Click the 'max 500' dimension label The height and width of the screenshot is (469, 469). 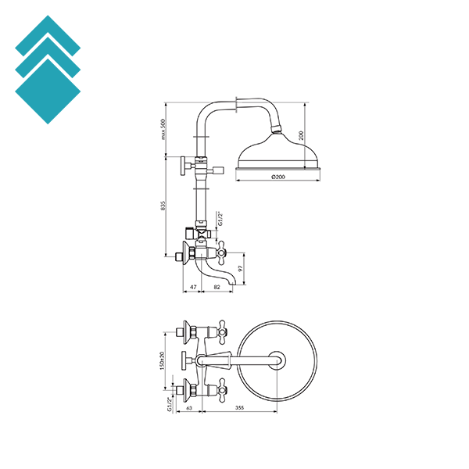[163, 129]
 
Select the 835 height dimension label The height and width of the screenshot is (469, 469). [163, 206]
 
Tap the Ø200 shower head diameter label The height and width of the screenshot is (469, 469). [278, 177]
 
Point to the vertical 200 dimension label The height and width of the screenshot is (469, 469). [301, 135]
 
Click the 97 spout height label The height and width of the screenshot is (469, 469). [241, 268]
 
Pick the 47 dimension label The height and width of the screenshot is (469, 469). [194, 287]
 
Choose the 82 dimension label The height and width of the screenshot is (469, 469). [217, 287]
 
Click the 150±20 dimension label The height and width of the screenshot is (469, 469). [162, 360]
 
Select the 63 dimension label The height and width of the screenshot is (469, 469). [189, 408]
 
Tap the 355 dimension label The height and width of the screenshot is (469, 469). [240, 408]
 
